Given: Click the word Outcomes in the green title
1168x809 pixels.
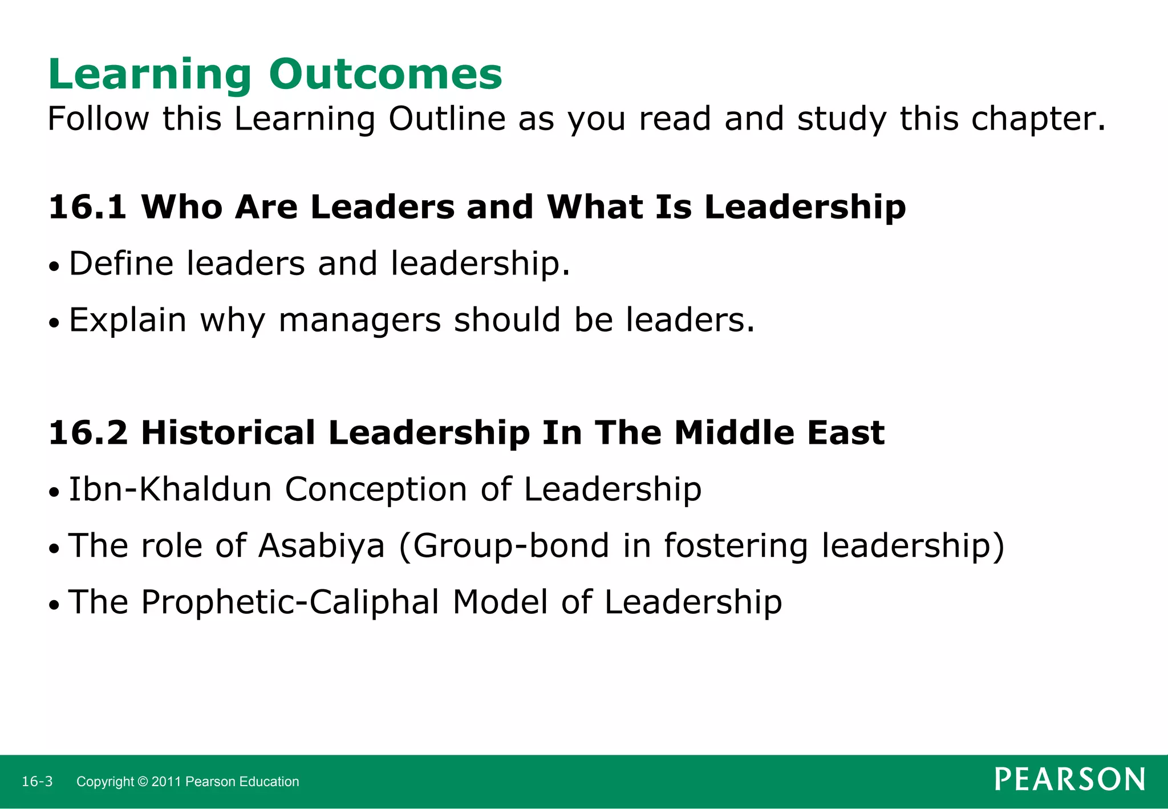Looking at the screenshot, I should [386, 74].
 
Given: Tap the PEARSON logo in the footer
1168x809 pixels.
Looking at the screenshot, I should [1070, 779].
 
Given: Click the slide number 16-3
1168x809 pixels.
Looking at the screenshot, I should [37, 782].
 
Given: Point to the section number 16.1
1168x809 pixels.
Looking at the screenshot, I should [87, 207].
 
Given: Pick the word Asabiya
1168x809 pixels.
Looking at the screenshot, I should [322, 545].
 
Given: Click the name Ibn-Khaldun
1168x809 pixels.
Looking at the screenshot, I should [170, 490].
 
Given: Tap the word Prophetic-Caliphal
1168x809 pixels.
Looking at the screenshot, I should [290, 602].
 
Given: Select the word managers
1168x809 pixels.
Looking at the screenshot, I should [359, 320].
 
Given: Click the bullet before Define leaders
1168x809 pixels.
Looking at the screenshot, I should [54, 266].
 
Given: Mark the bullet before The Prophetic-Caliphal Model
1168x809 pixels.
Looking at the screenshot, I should [54, 605].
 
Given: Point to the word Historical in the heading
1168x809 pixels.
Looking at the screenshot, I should [228, 432].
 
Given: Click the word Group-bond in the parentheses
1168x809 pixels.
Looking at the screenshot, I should [511, 545].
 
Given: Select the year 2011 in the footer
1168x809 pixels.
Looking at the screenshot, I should [167, 782].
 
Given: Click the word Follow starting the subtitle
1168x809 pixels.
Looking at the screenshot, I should [98, 119].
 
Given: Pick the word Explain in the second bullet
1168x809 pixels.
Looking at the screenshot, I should [128, 320].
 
